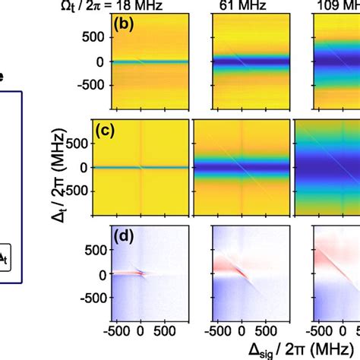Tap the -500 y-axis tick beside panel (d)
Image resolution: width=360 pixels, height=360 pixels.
tap(89, 298)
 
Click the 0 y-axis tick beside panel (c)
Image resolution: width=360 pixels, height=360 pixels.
tap(98, 166)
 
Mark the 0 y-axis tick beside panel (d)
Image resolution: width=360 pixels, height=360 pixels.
tap(98, 270)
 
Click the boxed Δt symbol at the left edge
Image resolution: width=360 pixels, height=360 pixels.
tap(6, 258)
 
